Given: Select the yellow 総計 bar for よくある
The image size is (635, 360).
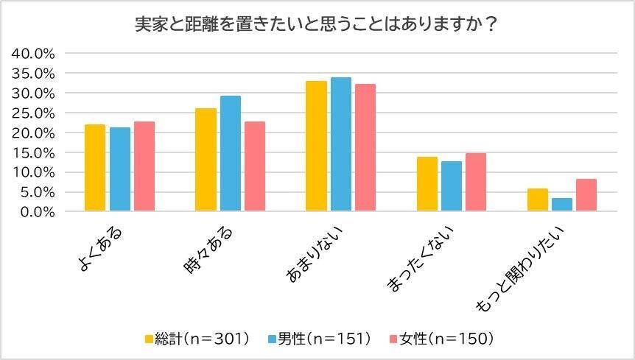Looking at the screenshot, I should tap(95, 168).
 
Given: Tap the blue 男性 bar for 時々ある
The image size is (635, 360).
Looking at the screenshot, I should tap(231, 154).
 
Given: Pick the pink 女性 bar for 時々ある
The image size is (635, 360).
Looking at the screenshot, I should tap(255, 166).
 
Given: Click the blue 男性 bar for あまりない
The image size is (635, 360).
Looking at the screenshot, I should tap(341, 144).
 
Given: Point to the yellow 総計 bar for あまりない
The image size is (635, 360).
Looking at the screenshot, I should tap(317, 147).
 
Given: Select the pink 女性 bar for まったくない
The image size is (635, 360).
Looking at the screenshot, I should tap(476, 183).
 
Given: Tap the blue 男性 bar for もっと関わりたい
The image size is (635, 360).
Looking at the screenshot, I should tap(562, 205).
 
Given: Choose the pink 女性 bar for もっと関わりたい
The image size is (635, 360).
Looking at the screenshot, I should tap(586, 195).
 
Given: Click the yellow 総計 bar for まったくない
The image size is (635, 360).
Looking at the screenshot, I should tap(427, 184).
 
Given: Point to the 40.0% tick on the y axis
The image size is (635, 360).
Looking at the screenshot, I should tap(34, 54).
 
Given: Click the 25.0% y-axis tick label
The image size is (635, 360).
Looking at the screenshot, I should tap(34, 113).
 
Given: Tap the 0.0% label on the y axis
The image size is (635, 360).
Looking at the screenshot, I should tap(37, 212).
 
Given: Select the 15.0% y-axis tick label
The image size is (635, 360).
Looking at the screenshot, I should tap(34, 153).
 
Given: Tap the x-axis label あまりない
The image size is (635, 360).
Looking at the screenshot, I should tap(317, 253).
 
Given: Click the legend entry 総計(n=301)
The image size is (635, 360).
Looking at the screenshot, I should tap(197, 339).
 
